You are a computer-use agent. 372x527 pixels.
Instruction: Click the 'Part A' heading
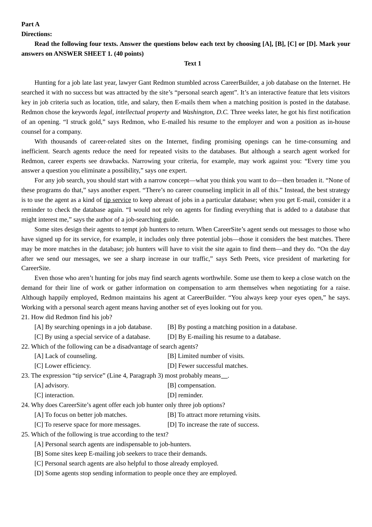pos(31,24)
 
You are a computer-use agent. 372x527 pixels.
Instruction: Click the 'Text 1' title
pos(193,64)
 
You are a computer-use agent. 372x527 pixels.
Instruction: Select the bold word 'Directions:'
pos(36,34)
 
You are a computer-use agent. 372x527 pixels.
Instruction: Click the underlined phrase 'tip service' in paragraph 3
pos(117,200)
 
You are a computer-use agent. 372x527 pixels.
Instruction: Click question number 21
pos(25,317)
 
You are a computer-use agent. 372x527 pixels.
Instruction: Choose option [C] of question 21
pos(92,337)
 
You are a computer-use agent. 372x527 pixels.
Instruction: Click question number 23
pos(25,376)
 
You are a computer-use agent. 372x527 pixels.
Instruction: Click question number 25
pos(25,434)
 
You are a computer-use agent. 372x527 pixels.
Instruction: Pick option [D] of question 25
pos(136,473)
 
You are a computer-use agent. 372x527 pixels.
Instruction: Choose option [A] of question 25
pos(113,444)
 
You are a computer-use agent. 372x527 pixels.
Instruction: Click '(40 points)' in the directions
pos(129,54)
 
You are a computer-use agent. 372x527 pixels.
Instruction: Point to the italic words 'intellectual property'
pos(143,112)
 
